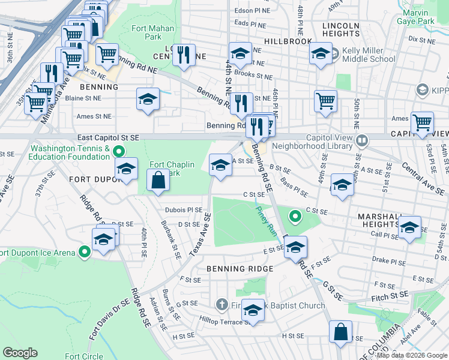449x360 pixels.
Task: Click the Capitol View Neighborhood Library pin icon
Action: point(362,141)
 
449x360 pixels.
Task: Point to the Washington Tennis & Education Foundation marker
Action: point(119,152)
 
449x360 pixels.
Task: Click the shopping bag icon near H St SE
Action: point(340,332)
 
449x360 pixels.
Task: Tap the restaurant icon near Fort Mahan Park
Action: point(184,55)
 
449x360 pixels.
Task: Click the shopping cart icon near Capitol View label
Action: point(422,122)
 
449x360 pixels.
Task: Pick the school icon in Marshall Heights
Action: point(409,228)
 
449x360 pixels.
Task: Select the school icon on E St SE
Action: point(295,247)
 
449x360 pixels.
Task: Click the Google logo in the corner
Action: point(20,352)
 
